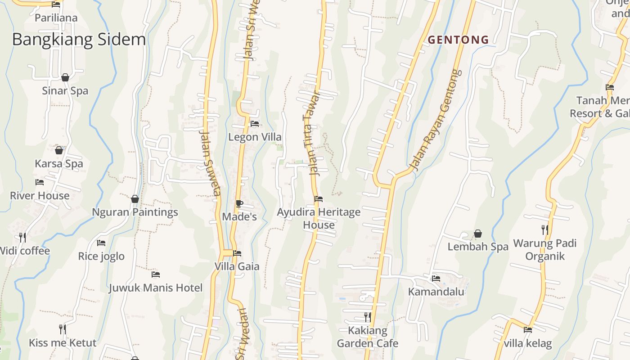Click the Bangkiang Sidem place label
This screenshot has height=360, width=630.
coord(79,40)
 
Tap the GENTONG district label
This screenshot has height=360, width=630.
coord(458,40)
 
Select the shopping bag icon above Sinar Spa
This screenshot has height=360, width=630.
coord(65,77)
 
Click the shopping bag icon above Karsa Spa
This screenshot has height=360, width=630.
coord(58,150)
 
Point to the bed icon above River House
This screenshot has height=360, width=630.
coord(40,182)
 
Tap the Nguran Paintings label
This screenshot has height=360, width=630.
coord(135,212)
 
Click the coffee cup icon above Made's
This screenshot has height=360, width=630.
coord(239,203)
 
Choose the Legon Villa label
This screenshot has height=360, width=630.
coord(255,137)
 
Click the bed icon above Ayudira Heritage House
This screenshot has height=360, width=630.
coord(319,198)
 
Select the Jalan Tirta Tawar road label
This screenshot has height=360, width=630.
coord(313,133)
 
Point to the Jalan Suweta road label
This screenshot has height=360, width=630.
coord(210,164)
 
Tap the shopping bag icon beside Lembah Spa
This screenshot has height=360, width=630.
coord(478,234)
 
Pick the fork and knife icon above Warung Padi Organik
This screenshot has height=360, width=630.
coord(545,230)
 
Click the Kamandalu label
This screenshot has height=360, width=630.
coord(436,292)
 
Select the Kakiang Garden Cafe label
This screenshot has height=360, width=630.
coord(368,337)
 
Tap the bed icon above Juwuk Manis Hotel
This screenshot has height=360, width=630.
coord(156,274)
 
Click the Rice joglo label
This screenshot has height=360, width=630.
coord(101,256)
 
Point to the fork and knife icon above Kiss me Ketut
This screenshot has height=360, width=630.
coord(63,329)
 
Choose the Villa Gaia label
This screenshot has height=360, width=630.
coord(237,266)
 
